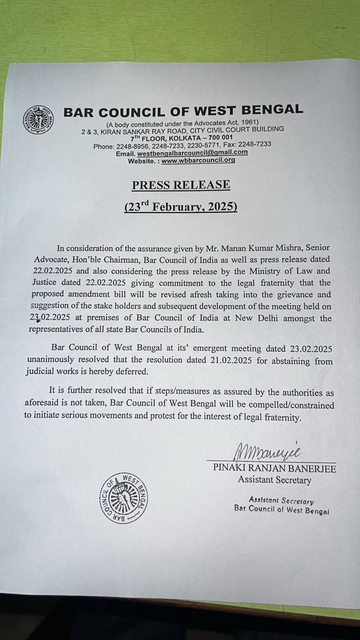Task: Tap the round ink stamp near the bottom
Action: (124, 498)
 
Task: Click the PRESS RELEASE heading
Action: (181, 185)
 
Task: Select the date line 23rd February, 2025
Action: (181, 207)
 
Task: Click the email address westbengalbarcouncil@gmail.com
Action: (192, 152)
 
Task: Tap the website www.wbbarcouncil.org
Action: (198, 160)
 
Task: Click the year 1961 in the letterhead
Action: (248, 122)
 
